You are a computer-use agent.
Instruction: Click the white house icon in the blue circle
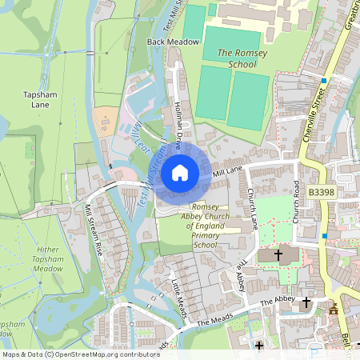(180, 173)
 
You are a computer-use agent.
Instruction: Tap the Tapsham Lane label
(40, 99)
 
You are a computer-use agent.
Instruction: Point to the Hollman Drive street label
(181, 122)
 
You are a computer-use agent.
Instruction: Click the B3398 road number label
(321, 193)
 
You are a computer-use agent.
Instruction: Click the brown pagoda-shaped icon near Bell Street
(334, 308)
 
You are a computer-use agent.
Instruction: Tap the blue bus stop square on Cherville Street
(323, 81)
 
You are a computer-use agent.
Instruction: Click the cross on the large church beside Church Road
(278, 255)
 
